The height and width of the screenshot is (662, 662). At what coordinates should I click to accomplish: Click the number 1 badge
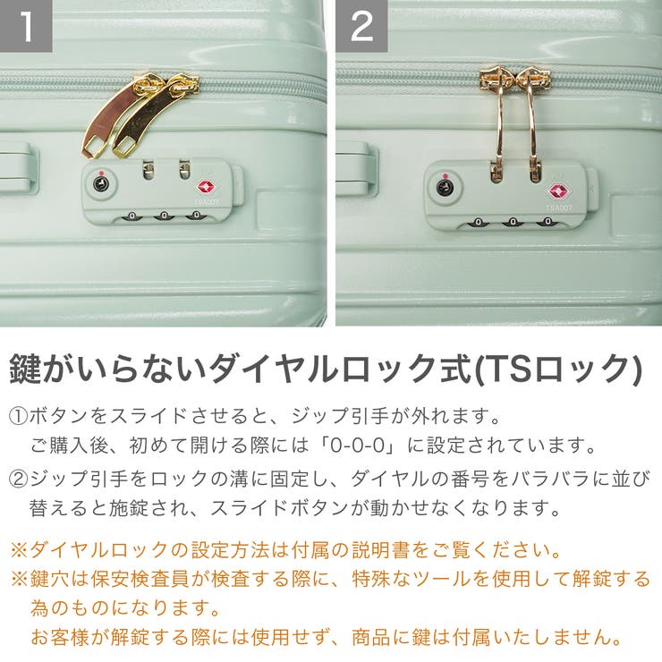(26, 25)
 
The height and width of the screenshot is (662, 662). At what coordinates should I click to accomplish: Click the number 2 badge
(361, 25)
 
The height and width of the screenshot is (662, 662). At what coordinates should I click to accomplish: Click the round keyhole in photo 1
(101, 185)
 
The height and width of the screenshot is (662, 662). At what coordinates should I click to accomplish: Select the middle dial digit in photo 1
(162, 216)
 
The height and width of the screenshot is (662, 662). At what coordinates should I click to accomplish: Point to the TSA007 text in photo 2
(558, 207)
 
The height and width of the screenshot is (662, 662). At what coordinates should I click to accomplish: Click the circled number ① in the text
(19, 416)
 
